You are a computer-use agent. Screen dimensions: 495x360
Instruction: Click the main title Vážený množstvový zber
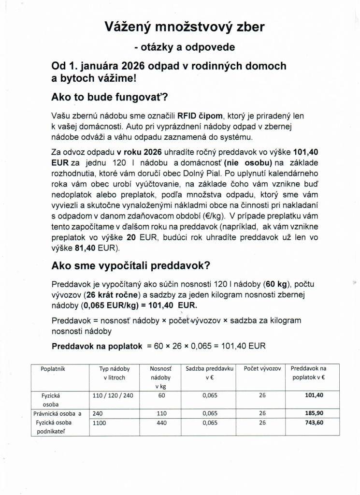pos(185,27)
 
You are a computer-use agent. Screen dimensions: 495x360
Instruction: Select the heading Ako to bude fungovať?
pos(109,97)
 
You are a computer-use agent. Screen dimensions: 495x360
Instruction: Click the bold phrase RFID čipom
pos(201,116)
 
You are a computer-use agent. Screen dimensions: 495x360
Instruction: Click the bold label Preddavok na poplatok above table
pos(97,346)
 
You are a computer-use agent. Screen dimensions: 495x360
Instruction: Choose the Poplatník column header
pos(53,369)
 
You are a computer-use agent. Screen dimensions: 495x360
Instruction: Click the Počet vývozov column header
pos(262,369)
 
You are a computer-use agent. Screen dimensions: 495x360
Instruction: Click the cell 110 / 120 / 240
pos(113,395)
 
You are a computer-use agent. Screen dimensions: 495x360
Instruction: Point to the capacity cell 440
pos(161,422)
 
